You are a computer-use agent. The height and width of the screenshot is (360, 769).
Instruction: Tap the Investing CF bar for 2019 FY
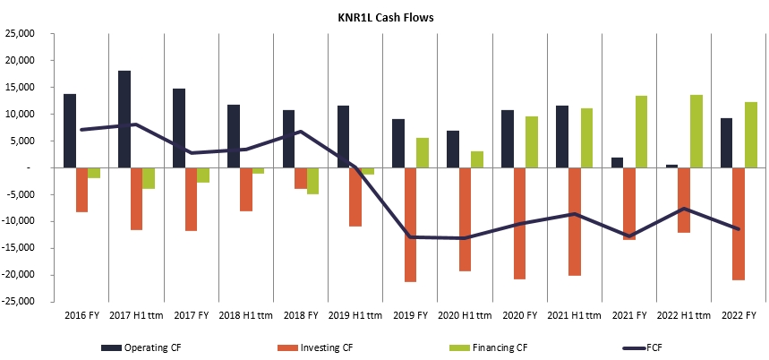click(x=411, y=225)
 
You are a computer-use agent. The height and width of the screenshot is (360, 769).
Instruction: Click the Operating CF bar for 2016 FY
click(x=70, y=131)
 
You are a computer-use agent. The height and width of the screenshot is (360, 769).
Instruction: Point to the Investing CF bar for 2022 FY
click(x=739, y=224)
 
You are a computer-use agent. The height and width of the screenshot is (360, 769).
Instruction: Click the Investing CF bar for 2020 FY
click(x=520, y=223)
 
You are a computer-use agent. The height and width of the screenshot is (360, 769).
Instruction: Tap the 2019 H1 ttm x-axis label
click(x=356, y=315)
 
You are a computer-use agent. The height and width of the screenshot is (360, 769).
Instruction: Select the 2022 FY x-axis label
click(x=739, y=315)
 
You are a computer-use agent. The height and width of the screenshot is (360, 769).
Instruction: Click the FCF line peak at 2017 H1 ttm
click(x=136, y=124)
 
